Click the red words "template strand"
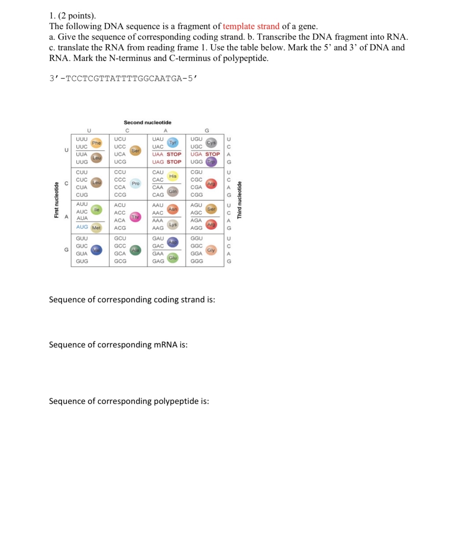point(251,26)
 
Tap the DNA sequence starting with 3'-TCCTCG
point(123,78)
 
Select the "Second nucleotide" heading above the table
point(147,122)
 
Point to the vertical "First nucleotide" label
point(57,200)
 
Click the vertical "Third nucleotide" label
point(239,200)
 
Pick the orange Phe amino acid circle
point(96,143)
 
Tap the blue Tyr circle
point(173,143)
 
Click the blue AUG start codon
point(82,227)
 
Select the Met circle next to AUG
point(96,228)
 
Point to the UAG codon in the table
point(158,162)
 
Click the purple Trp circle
point(211,162)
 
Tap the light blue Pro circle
point(135,183)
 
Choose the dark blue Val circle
point(96,250)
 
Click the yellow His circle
point(173,176)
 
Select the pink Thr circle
point(135,217)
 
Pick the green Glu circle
point(173,258)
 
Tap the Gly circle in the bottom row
point(211,250)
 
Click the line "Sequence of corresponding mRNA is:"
point(118,345)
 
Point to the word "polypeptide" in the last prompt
point(176,401)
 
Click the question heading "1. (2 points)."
point(72,16)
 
